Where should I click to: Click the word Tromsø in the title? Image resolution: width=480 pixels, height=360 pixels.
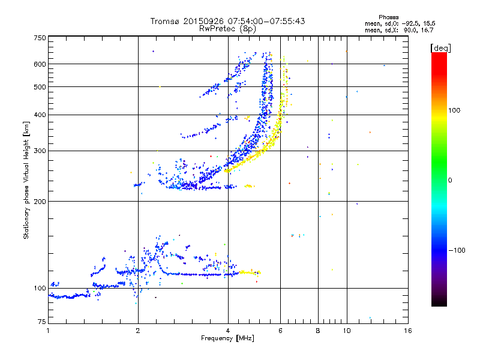click(165, 21)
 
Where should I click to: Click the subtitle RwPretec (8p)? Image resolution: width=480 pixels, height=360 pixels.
click(228, 29)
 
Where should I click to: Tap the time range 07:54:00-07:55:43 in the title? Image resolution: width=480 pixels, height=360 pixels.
click(266, 21)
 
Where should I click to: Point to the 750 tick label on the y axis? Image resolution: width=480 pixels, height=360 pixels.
click(40, 38)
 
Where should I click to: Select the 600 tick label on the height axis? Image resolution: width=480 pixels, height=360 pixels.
click(40, 64)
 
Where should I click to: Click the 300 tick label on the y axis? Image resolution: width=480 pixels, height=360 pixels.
click(40, 151)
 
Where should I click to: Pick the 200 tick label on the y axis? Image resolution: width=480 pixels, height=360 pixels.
click(40, 202)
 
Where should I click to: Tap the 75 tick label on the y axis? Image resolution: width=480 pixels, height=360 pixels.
click(42, 322)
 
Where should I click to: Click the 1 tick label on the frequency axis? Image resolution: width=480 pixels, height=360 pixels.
click(49, 331)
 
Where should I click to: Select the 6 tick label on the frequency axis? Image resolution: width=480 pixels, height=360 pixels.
click(280, 331)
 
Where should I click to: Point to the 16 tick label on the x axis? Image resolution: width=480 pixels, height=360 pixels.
click(408, 331)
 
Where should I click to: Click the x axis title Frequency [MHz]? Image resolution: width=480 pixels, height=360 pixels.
click(227, 338)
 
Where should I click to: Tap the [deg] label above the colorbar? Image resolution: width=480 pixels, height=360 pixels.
click(441, 48)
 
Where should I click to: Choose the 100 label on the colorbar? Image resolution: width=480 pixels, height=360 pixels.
click(454, 110)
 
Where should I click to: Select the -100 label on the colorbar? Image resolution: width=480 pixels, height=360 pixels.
click(457, 250)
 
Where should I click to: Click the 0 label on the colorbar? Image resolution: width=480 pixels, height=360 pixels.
click(450, 181)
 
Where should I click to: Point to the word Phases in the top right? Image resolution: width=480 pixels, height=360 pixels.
click(388, 17)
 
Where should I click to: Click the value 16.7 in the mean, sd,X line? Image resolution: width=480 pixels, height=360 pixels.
click(427, 30)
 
